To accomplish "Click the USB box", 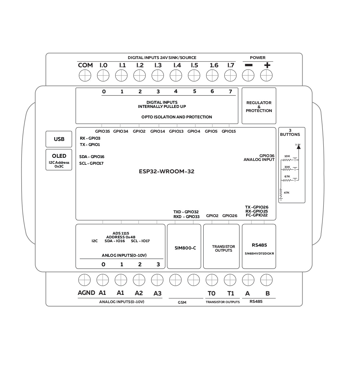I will tap(59, 139).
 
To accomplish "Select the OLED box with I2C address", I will tap(59, 160).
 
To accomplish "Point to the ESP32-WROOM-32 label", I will tap(167, 171).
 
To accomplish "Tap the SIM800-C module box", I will tap(184, 247).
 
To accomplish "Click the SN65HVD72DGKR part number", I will tap(259, 254).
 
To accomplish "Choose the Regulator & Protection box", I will tap(259, 106).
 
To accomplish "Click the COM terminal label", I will tap(85, 65).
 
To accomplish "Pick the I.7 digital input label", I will tap(231, 65).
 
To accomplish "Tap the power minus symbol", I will tap(249, 65).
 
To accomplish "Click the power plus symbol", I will tap(267, 65).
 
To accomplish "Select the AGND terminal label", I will tap(86, 293).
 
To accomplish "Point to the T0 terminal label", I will tap(211, 293).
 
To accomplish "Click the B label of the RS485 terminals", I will tap(267, 293).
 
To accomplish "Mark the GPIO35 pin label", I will tap(102, 131).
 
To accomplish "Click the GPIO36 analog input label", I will tap(267, 156).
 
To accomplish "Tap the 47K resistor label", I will tap(286, 193).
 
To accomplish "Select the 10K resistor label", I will tap(287, 156).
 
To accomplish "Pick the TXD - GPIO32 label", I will tap(186, 212).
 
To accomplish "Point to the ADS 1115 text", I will tap(121, 233).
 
